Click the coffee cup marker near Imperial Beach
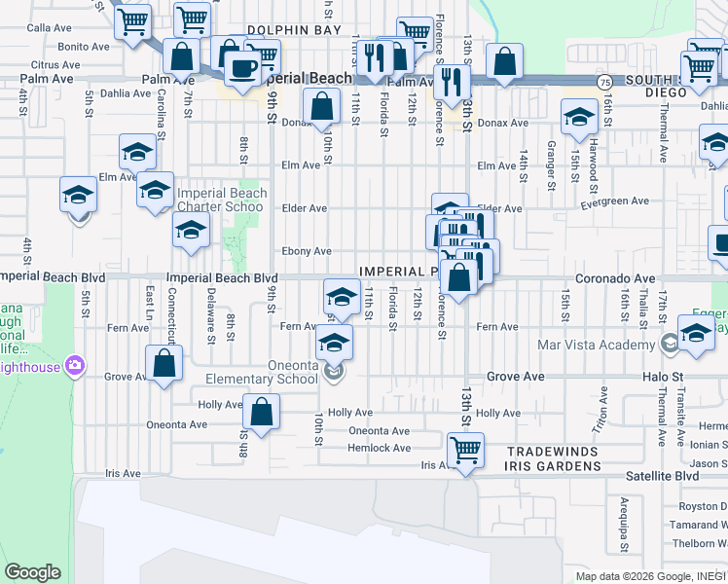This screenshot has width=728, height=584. tap(241, 68)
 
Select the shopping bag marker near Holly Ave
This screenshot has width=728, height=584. tap(261, 412)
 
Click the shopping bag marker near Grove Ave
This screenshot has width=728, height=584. tap(164, 364)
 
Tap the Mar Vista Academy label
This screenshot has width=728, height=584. tap(596, 345)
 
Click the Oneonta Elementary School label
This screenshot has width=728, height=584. tap(261, 380)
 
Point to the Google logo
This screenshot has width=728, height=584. tap(32, 572)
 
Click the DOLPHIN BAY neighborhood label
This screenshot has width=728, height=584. tap(294, 31)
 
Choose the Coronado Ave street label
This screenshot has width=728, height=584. tap(615, 278)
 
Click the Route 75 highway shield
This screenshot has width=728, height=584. tap(604, 82)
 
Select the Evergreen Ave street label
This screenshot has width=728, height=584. tap(612, 201)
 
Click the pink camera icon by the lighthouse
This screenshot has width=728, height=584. tap(75, 366)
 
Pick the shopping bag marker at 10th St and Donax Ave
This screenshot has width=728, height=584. tap(321, 106)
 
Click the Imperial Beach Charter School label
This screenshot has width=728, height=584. tap(220, 200)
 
